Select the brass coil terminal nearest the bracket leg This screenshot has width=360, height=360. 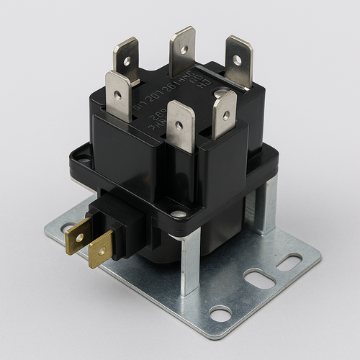click(101, 249)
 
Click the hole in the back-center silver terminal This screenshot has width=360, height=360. click(184, 51)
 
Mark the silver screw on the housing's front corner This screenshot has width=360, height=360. click(176, 214)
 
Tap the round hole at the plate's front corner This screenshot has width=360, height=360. click(220, 313)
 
